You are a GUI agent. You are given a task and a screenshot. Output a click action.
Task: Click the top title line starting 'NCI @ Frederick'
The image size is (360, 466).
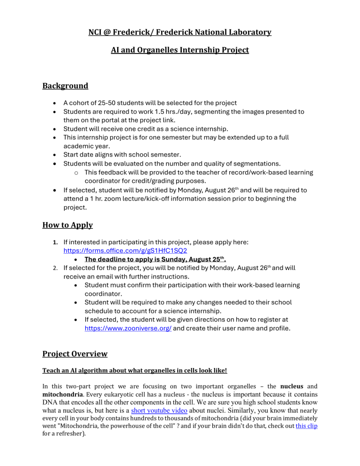pos(180,32)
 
